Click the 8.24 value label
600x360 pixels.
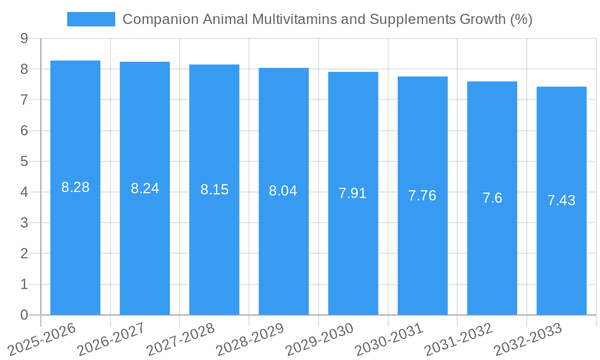(x=145, y=188)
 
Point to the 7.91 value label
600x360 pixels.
(x=353, y=193)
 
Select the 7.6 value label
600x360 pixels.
(x=492, y=198)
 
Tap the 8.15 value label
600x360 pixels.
(x=214, y=190)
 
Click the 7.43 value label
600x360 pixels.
(x=561, y=200)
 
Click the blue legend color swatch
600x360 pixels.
(x=91, y=19)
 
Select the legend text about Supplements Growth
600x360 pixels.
(x=327, y=19)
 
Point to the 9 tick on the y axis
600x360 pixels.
(x=24, y=38)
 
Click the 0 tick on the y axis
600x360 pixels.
(x=24, y=315)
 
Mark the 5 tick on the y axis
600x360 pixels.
(x=24, y=161)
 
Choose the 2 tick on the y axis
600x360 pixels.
(x=24, y=254)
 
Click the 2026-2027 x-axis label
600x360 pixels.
(x=111, y=339)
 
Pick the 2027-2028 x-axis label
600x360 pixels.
(x=180, y=339)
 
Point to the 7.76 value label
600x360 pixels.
(x=422, y=196)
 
